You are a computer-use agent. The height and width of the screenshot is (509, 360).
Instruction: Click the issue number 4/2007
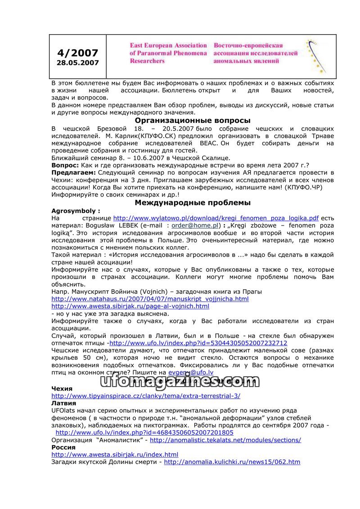[x=77, y=53]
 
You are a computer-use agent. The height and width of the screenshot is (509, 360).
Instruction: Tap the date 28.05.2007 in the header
[x=77, y=63]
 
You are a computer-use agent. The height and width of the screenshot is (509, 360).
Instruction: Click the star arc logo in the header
[x=316, y=56]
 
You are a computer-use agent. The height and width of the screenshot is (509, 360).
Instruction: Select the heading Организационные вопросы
[x=193, y=121]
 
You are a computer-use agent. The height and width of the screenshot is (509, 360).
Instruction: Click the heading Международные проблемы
[x=193, y=203]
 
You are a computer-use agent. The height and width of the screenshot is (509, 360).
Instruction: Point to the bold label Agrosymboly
[x=75, y=211]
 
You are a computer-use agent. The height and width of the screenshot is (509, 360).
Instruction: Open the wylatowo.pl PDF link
[x=216, y=218]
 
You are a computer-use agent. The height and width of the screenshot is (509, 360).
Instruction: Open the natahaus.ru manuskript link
[x=150, y=299]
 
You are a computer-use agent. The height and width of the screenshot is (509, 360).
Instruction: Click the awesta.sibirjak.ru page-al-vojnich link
[x=130, y=306]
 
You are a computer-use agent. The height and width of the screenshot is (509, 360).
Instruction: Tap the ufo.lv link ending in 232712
[x=198, y=343]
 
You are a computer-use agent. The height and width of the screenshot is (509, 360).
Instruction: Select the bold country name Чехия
[x=62, y=388]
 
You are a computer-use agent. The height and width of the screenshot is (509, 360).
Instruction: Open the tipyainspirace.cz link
[x=146, y=396]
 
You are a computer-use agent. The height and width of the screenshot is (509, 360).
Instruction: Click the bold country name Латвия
[x=63, y=403]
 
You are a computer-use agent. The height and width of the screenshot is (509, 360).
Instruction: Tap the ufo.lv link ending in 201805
[x=144, y=432]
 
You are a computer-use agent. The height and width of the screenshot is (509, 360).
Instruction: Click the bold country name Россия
[x=63, y=447]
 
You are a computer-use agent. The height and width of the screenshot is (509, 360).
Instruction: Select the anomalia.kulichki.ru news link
[x=232, y=462]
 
